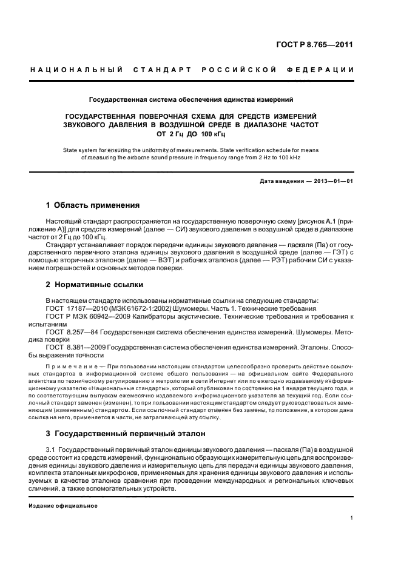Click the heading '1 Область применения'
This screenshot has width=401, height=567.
[93, 205]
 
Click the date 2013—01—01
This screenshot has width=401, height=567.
[332, 181]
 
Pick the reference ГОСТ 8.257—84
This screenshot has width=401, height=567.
[72, 332]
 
